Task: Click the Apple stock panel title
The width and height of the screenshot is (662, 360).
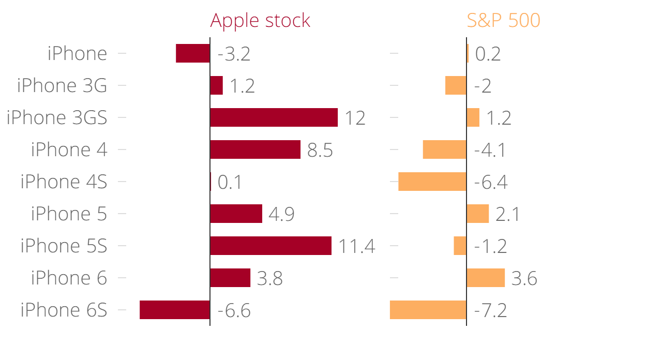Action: (260, 21)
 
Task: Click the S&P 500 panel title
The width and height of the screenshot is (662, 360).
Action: (503, 21)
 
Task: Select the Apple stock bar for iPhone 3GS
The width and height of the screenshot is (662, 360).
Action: (274, 117)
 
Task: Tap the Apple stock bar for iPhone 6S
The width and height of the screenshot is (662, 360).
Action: (175, 310)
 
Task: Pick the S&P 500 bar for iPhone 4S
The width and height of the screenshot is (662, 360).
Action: (432, 182)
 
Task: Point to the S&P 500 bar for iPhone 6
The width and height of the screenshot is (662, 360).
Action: (486, 278)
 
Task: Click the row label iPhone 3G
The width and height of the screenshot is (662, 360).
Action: (62, 85)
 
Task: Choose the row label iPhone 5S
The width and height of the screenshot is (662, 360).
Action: (64, 246)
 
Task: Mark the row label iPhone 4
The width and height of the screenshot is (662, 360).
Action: (69, 149)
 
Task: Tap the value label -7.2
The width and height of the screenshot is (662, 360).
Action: (490, 311)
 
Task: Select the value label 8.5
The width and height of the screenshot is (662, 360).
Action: (320, 151)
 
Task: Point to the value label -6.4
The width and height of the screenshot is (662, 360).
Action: (490, 183)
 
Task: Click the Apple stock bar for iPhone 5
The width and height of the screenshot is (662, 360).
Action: (236, 214)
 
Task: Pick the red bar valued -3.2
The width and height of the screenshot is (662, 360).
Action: (193, 53)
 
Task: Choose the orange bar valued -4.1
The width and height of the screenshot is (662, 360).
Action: (445, 149)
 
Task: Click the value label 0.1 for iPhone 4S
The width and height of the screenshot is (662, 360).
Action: (230, 183)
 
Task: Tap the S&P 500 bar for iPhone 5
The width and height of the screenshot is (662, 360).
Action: (478, 214)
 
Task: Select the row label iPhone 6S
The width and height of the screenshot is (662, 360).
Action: (64, 310)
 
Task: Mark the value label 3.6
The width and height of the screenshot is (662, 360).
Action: (524, 279)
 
